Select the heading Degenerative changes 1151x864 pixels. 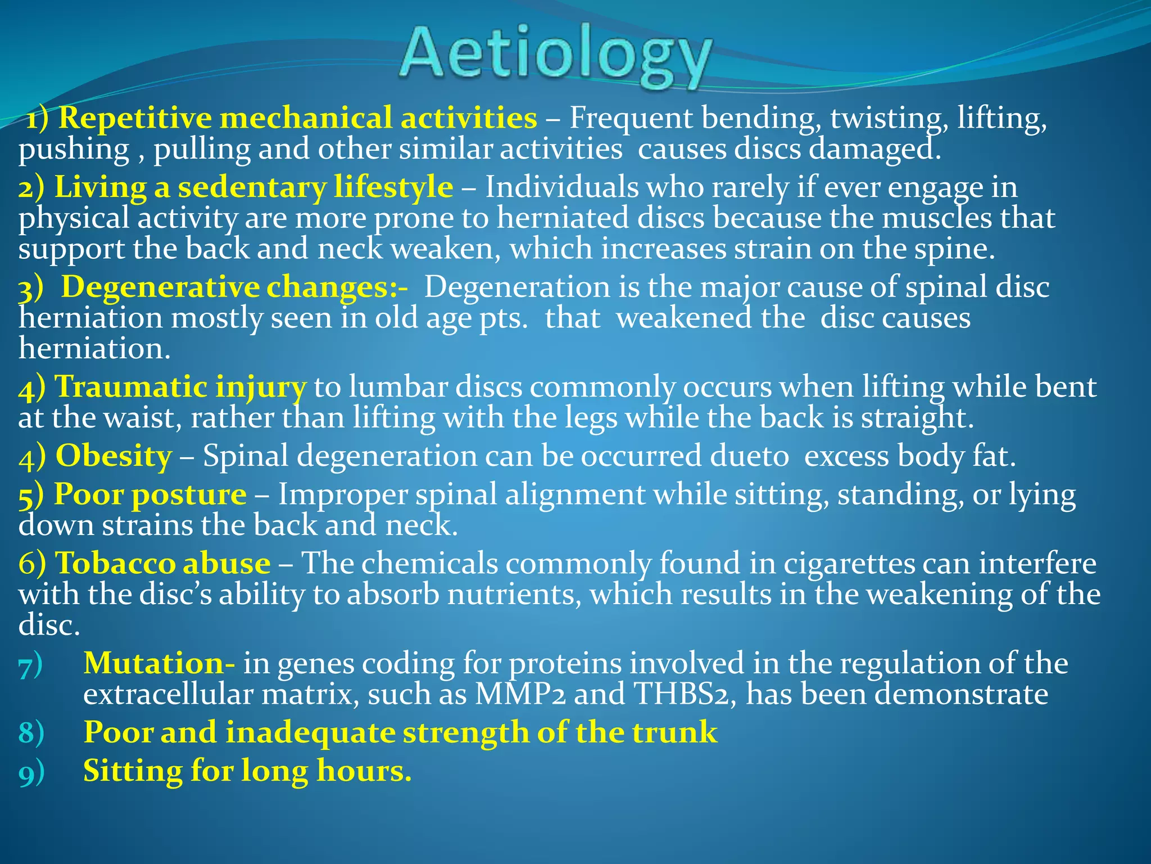(234, 287)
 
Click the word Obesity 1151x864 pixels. (114, 456)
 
